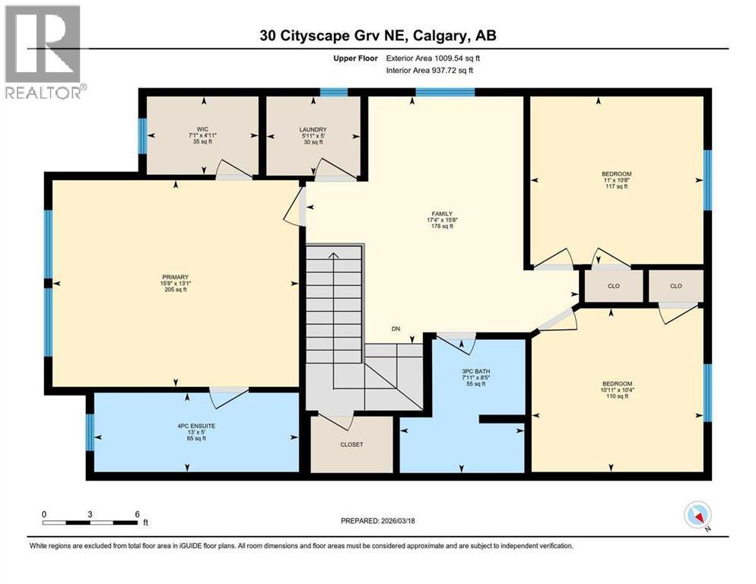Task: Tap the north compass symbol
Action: point(697,516)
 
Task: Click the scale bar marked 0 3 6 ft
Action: point(91,522)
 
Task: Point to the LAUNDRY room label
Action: point(313,129)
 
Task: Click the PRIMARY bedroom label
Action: point(174,277)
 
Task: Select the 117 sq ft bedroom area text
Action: point(616,186)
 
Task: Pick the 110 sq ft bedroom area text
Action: point(616,396)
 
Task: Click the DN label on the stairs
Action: point(395,329)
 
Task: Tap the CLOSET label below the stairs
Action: point(351,444)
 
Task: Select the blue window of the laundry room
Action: point(333,93)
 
